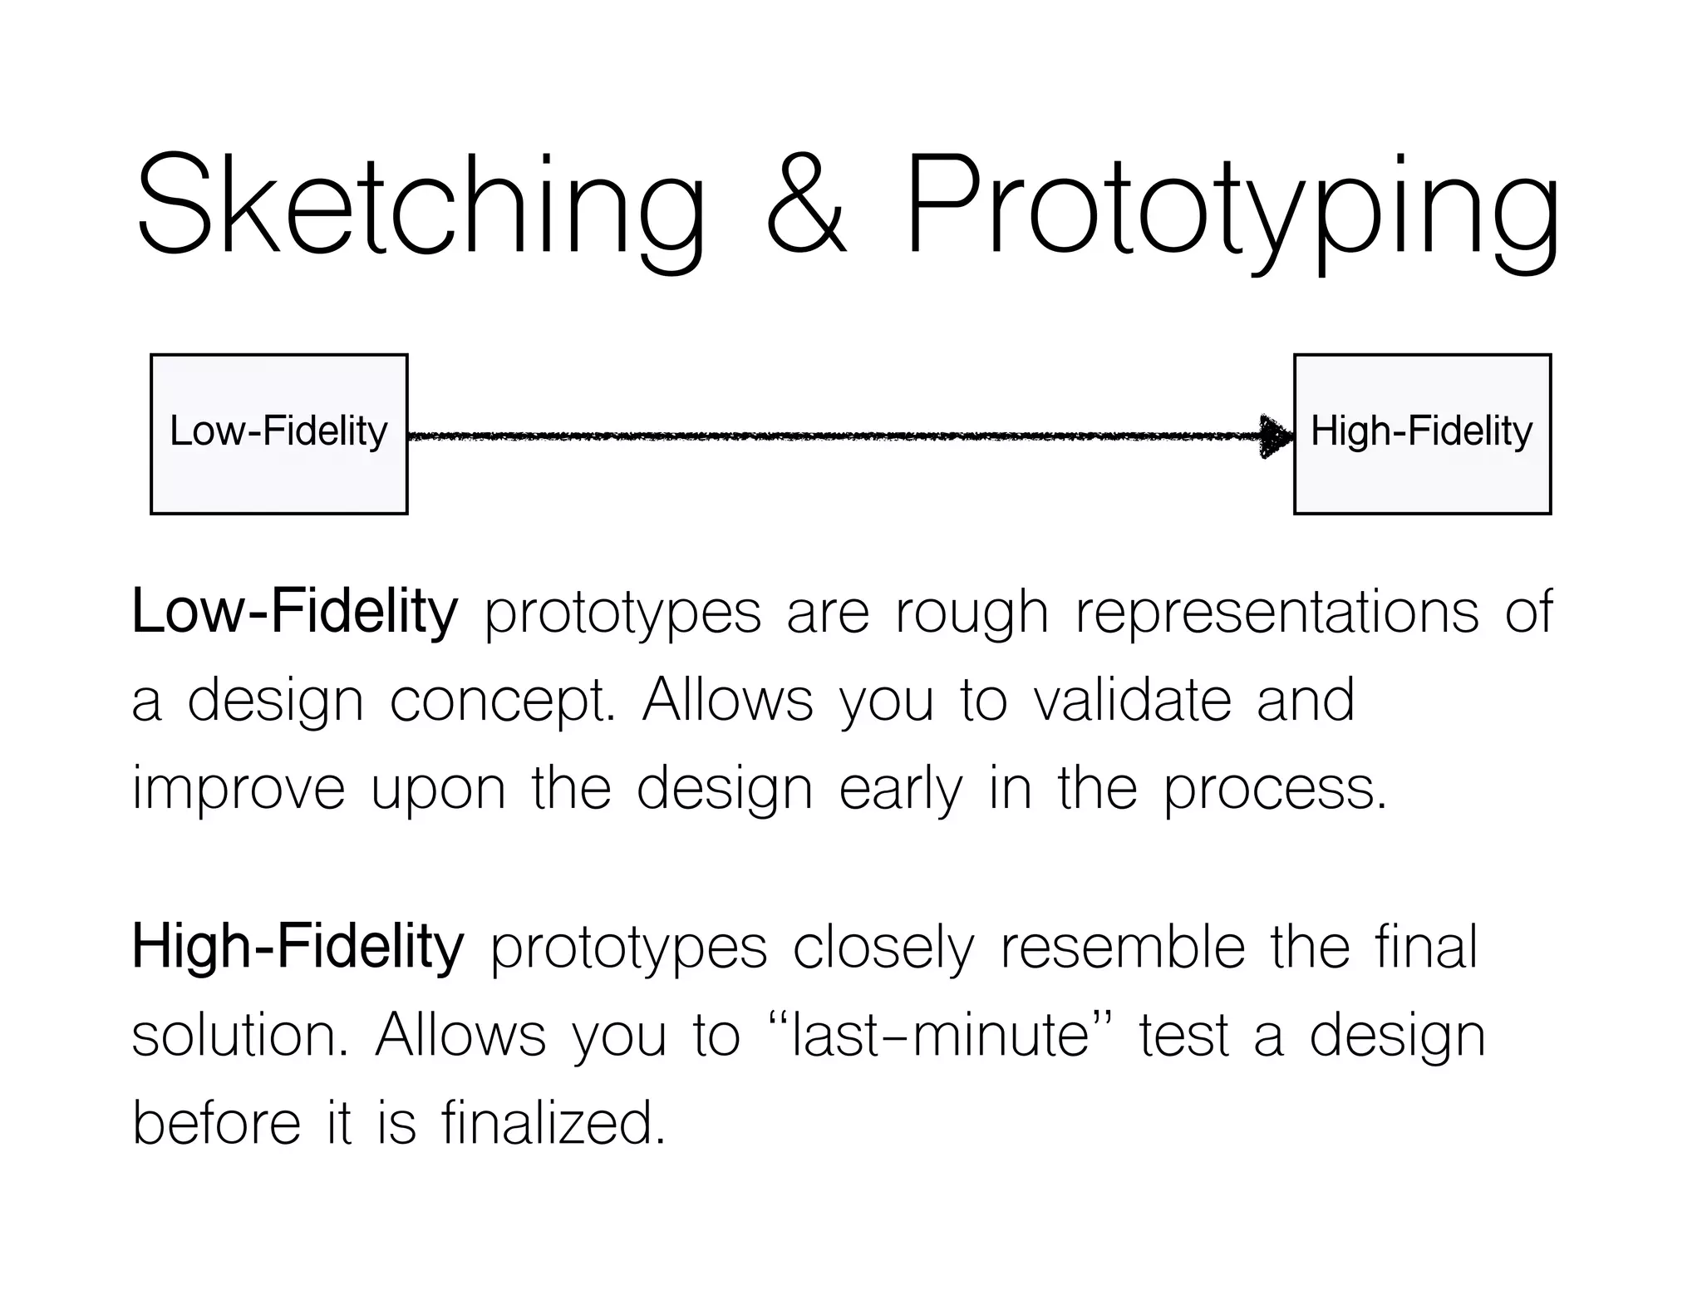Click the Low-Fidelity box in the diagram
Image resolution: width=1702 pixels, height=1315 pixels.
(278, 434)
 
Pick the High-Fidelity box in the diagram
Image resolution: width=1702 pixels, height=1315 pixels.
(1422, 434)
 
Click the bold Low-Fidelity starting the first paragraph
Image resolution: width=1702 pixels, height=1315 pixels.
(295, 612)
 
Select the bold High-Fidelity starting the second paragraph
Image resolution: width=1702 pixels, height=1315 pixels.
(298, 947)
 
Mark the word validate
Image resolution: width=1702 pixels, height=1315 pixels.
(1131, 700)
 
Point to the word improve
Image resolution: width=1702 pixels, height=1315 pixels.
(239, 790)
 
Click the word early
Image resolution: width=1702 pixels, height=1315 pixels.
(901, 790)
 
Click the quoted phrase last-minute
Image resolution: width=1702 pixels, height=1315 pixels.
(940, 1037)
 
